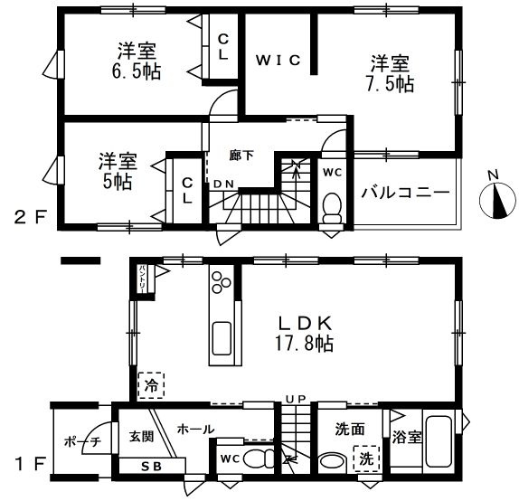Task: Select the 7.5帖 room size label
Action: pos(392,84)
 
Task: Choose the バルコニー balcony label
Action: pos(405,193)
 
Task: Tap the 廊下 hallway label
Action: pos(241,155)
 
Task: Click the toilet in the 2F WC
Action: pos(331,205)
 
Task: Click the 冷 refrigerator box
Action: pos(151,385)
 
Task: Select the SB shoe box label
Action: pos(150,467)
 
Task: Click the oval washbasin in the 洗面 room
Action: pos(332,460)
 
